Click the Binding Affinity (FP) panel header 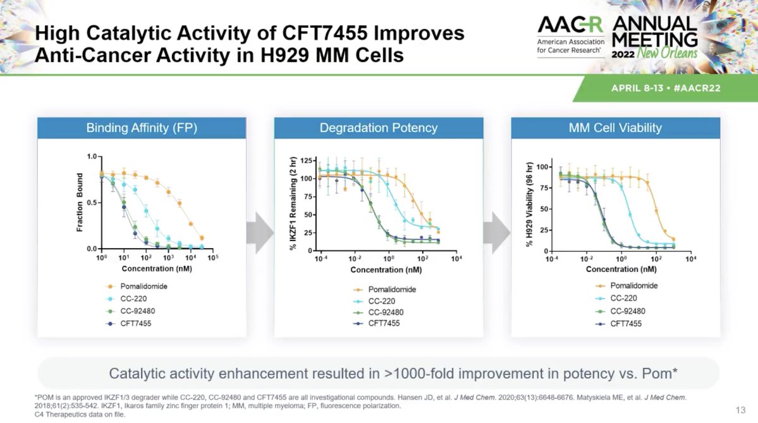(x=142, y=128)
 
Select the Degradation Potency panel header (x=378, y=128)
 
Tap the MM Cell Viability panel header (x=615, y=128)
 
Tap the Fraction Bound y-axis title (x=80, y=203)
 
